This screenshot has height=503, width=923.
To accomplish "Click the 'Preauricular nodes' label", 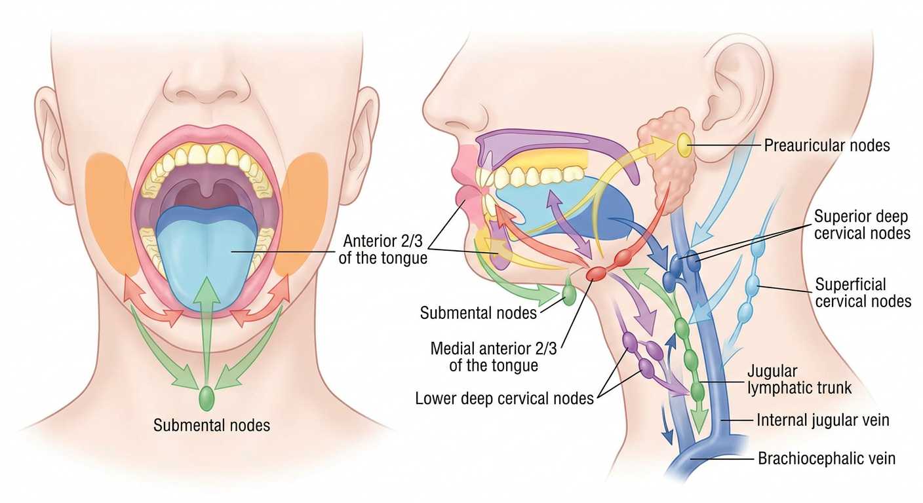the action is pyautogui.click(x=827, y=145).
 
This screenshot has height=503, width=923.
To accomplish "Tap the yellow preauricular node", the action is pyautogui.click(x=683, y=145).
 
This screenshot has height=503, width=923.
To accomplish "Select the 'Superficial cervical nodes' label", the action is pyautogui.click(x=863, y=293).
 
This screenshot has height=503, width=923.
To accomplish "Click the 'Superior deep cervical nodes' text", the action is pyautogui.click(x=862, y=225).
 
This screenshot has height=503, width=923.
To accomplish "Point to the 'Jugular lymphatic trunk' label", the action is pyautogui.click(x=799, y=379).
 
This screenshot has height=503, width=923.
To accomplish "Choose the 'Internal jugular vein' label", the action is pyautogui.click(x=823, y=420).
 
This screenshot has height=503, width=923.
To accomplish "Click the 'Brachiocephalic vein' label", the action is pyautogui.click(x=827, y=458).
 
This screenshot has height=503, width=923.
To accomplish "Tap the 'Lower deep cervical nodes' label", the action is pyautogui.click(x=504, y=398).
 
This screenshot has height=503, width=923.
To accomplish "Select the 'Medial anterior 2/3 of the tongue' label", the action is pyautogui.click(x=493, y=357).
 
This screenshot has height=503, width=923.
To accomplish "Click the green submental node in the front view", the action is pyautogui.click(x=206, y=398).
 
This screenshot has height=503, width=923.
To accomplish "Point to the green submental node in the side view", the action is pyautogui.click(x=568, y=295).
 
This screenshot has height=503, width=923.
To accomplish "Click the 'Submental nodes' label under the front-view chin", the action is pyautogui.click(x=211, y=425).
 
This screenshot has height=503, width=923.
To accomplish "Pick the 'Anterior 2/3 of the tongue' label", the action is pyautogui.click(x=383, y=250).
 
